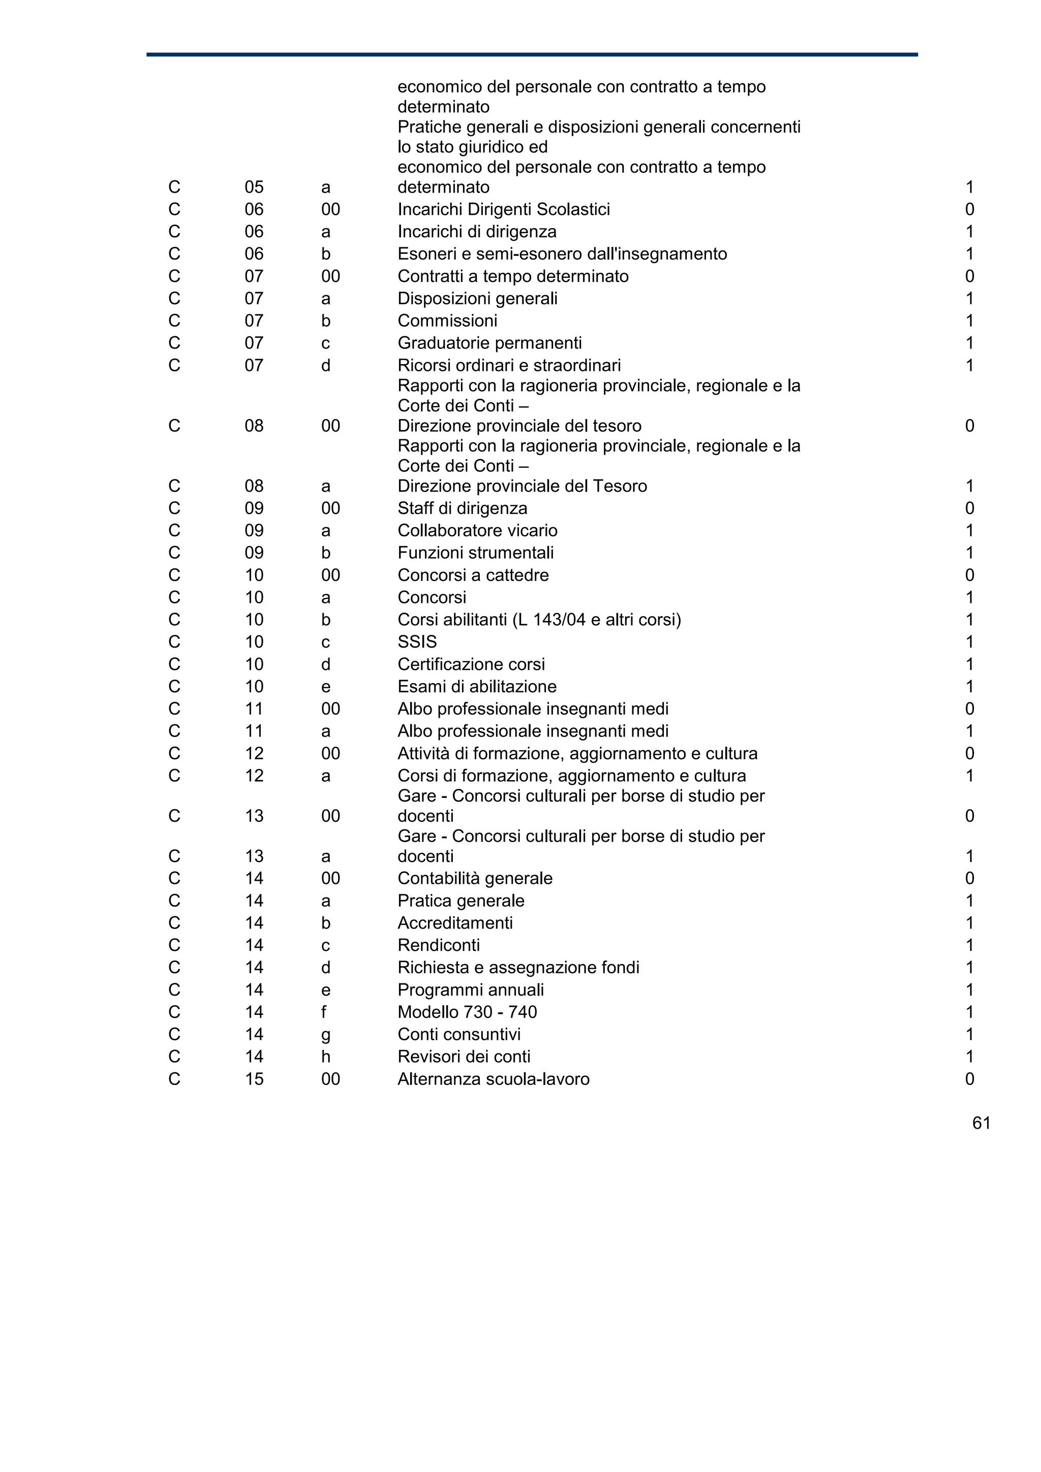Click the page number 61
point(982,1123)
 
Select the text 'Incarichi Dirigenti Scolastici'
point(504,210)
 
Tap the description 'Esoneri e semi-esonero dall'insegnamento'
point(562,254)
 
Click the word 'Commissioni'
point(447,321)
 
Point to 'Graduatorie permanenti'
point(489,343)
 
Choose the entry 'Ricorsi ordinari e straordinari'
point(509,365)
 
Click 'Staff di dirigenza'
point(462,508)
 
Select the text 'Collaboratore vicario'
point(477,531)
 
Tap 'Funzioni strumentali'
point(475,553)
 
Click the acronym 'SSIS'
point(417,642)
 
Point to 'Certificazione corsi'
point(471,664)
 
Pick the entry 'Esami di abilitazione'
point(477,687)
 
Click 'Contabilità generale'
point(475,878)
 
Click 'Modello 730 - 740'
point(467,1012)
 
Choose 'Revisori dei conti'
point(464,1057)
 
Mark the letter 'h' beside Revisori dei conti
point(325,1057)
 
